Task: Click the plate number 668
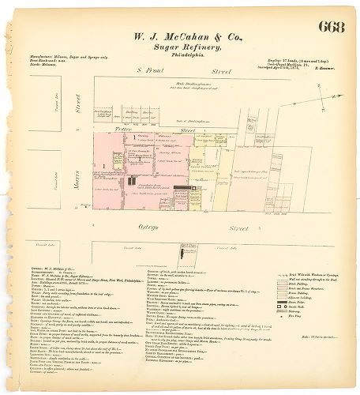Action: click(x=332, y=27)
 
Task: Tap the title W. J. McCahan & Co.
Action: click(x=179, y=35)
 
